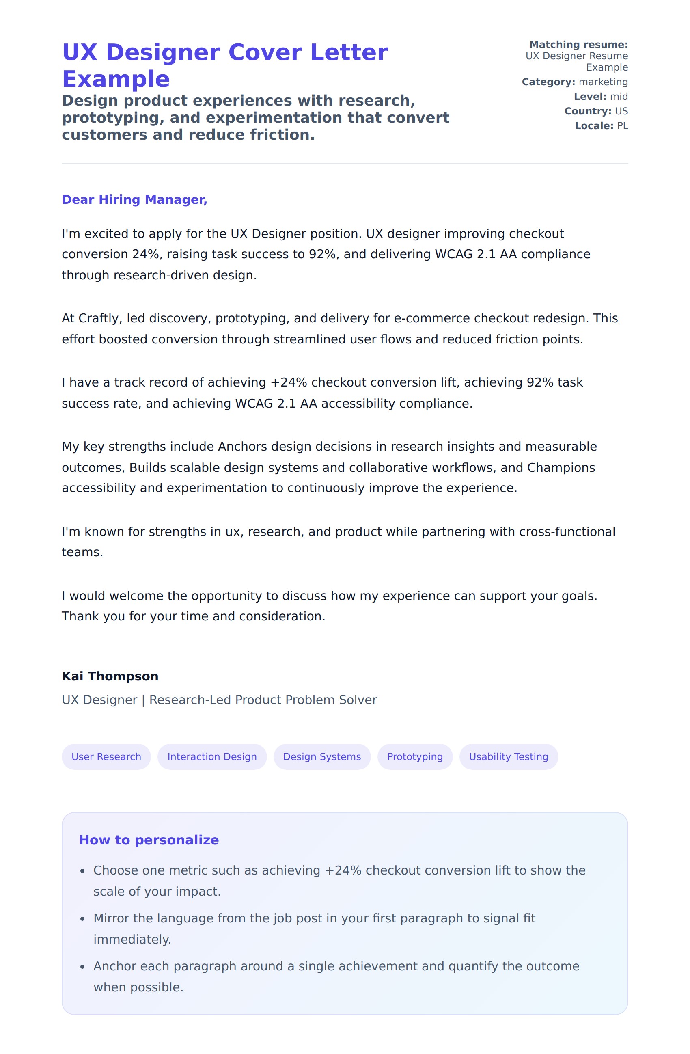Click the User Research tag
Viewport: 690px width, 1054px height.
[x=106, y=756]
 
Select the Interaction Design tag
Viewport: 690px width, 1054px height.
[x=212, y=756]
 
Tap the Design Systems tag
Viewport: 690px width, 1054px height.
[x=322, y=756]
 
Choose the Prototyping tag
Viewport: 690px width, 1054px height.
[x=415, y=756]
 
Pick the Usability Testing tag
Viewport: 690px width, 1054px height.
[x=509, y=756]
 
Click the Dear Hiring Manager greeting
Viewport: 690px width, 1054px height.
[x=134, y=200]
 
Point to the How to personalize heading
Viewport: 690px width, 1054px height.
[x=149, y=840]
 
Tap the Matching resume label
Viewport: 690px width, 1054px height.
[x=578, y=45]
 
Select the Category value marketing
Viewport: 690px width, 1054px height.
[x=603, y=82]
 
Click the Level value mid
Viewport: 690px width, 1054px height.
[x=619, y=97]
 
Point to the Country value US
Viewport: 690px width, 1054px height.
[x=621, y=111]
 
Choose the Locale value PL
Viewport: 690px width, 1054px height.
[x=622, y=126]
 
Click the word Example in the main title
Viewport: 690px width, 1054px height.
[x=116, y=79]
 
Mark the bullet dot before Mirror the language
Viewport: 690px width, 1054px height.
[x=82, y=919]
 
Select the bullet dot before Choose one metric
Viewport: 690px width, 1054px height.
[x=82, y=871]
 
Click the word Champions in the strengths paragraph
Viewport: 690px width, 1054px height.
[x=561, y=468]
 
